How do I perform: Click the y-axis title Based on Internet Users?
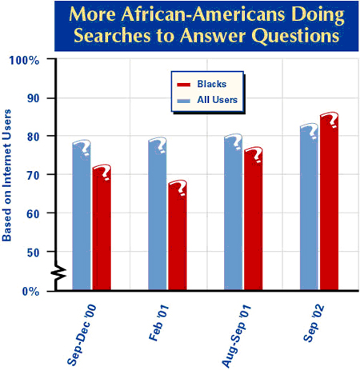pyautogui.click(x=7, y=177)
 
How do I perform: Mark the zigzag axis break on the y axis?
pyautogui.click(x=58, y=275)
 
